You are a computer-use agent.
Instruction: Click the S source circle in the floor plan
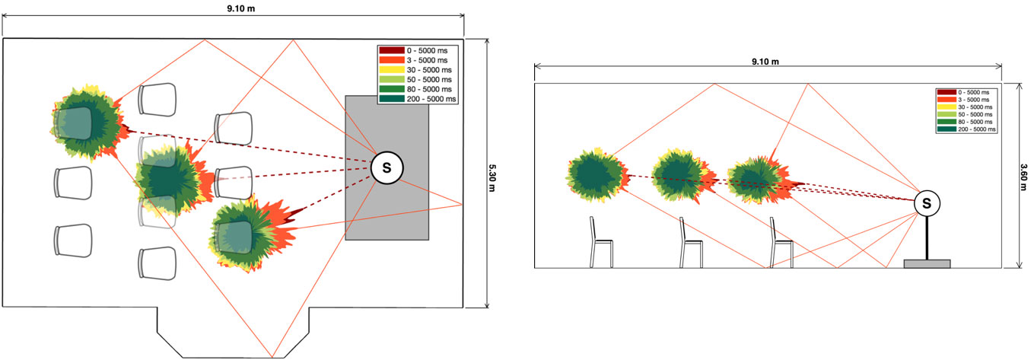387,168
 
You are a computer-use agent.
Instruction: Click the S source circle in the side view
927,203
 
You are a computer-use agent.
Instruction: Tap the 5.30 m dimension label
492,177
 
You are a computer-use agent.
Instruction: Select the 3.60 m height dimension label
1023,177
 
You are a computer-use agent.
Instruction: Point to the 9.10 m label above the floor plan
241,9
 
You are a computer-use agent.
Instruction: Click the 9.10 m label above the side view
765,62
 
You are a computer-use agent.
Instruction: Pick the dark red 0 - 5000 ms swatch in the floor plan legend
391,50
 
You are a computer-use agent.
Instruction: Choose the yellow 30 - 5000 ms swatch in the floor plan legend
391,70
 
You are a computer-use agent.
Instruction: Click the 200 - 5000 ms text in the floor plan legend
431,99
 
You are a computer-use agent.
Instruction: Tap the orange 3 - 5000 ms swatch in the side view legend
947,100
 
